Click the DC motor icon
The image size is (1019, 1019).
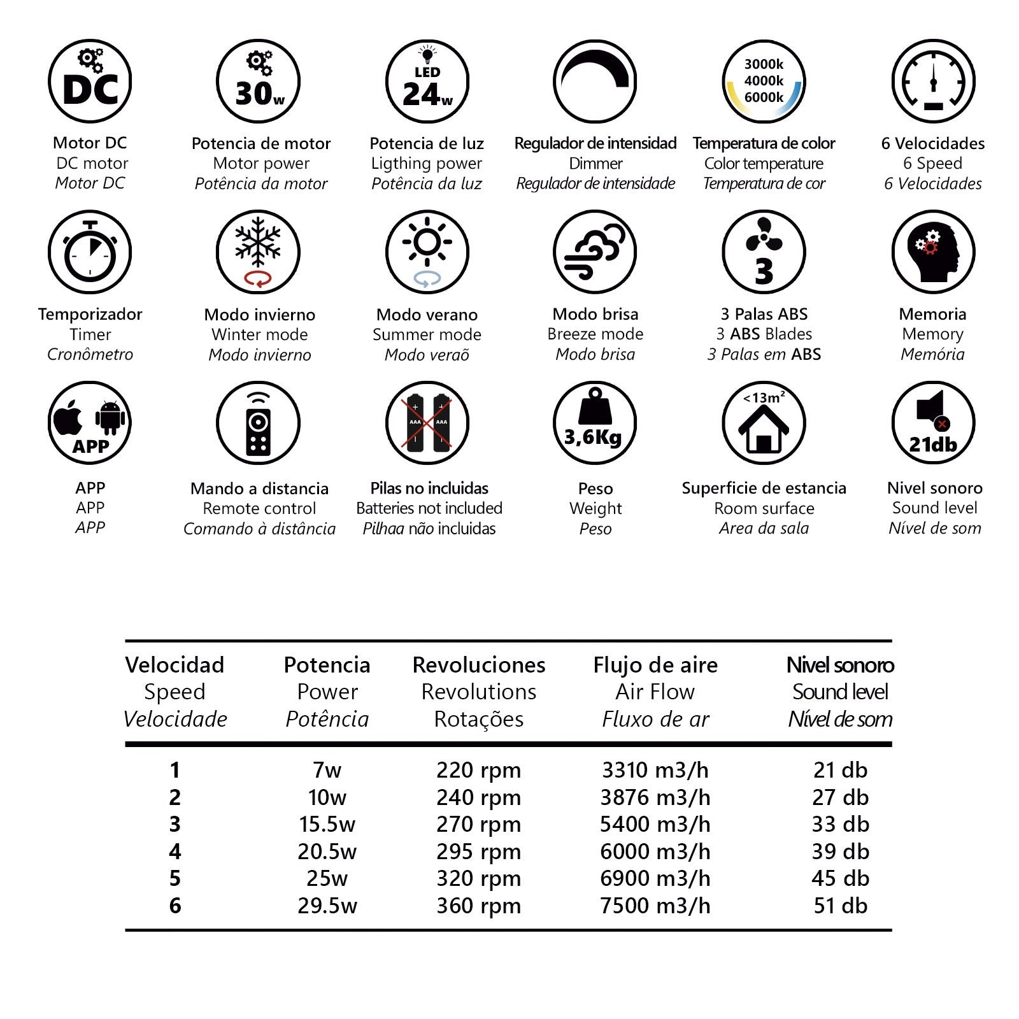[90, 82]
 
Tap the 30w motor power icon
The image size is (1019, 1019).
[258, 82]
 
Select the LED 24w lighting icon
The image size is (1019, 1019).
[427, 82]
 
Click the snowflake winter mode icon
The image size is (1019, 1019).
[258, 252]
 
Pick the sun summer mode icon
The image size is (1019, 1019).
[427, 252]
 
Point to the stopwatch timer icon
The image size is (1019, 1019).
[90, 252]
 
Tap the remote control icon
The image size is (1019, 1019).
[258, 423]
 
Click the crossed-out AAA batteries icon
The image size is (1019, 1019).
[427, 423]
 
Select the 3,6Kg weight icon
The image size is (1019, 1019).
[595, 423]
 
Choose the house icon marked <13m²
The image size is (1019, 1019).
[764, 423]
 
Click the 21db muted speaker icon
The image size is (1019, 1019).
[933, 423]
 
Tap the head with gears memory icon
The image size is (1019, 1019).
[933, 252]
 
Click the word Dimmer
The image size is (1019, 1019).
[595, 164]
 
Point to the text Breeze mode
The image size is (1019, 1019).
[595, 334]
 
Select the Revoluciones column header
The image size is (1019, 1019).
[479, 665]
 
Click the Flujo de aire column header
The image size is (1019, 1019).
[655, 665]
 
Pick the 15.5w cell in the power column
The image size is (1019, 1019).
[327, 824]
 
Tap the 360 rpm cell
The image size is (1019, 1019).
[478, 906]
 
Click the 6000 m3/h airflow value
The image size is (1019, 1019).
[655, 852]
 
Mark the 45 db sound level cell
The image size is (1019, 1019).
[840, 878]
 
